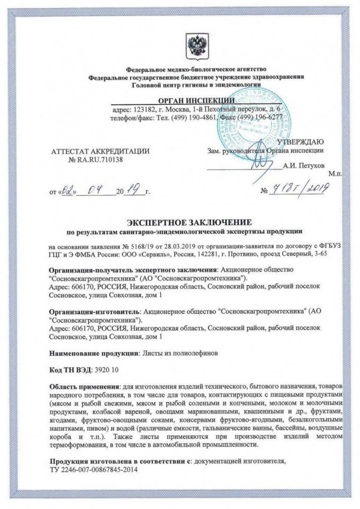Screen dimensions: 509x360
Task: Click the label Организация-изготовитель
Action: [94, 311]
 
